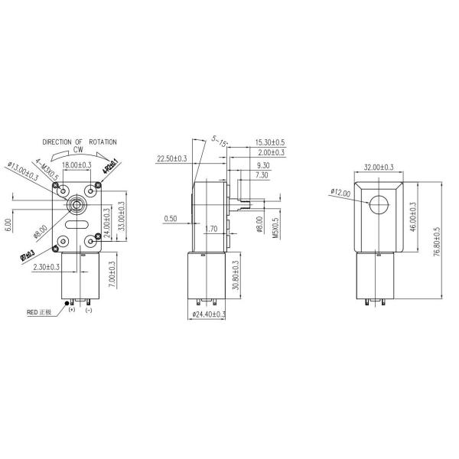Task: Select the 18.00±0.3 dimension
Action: pyautogui.click(x=76, y=165)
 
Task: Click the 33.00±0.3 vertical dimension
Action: pyautogui.click(x=122, y=217)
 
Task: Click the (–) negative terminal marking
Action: pyautogui.click(x=89, y=310)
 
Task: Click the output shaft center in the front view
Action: pyautogui.click(x=76, y=204)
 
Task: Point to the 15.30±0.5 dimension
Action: pyautogui.click(x=269, y=142)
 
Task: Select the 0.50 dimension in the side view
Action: pyautogui.click(x=171, y=218)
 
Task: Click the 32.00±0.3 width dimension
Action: pyautogui.click(x=379, y=167)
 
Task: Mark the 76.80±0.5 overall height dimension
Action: pyautogui.click(x=436, y=242)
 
